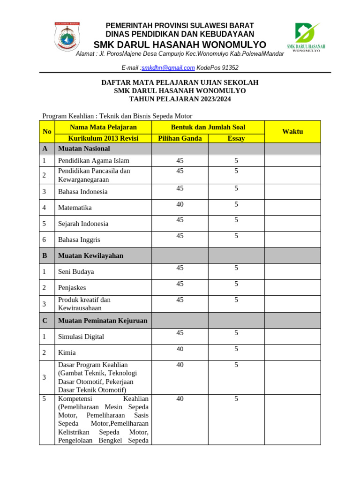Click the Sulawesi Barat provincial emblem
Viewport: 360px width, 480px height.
click(67, 37)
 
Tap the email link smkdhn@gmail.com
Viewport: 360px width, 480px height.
click(168, 67)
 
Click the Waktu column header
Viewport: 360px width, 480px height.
click(292, 132)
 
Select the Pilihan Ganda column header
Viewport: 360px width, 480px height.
click(180, 138)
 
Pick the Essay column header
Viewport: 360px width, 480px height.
click(236, 138)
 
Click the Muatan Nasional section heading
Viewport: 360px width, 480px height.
click(84, 149)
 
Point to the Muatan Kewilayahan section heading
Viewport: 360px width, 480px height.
click(90, 255)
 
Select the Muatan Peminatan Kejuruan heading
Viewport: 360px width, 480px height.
click(102, 321)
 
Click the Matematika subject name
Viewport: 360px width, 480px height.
click(75, 208)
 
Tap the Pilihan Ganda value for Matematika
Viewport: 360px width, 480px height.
click(180, 204)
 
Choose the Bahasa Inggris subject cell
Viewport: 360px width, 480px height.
click(79, 240)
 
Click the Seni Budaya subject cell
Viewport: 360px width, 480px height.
click(76, 272)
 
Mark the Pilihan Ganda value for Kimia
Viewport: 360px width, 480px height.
click(180, 349)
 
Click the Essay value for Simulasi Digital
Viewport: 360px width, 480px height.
click(236, 333)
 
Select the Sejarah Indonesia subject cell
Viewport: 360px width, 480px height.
click(83, 224)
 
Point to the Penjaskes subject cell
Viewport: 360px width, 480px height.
click(72, 288)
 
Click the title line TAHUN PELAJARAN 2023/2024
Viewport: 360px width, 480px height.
click(180, 99)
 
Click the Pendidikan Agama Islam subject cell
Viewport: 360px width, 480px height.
click(93, 161)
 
